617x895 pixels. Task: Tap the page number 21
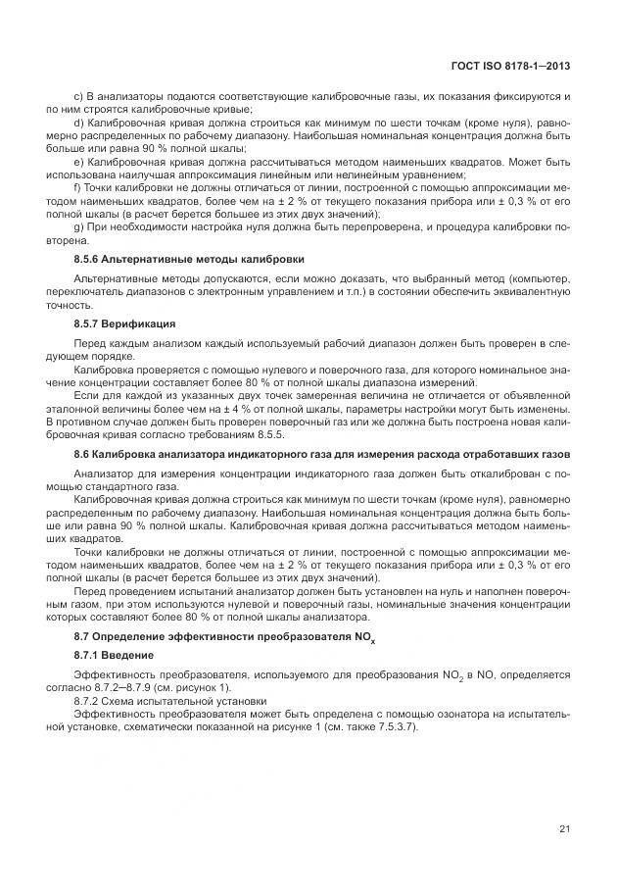coord(564,829)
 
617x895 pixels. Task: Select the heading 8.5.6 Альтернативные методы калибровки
coord(189,259)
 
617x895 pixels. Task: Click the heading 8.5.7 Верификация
coord(124,322)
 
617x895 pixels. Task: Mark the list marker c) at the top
coord(79,98)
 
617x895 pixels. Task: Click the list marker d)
coord(79,124)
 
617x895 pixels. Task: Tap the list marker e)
coord(79,161)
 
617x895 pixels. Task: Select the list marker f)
coord(78,186)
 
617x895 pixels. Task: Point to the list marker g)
coord(79,224)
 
